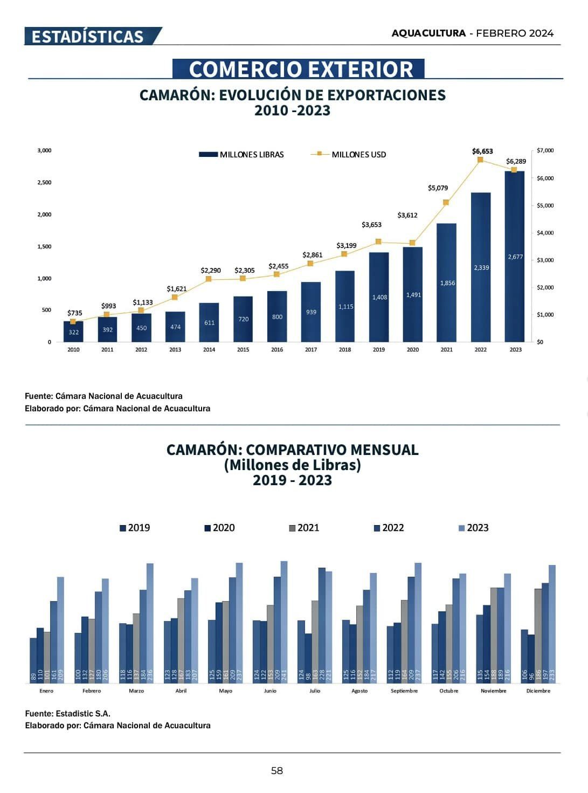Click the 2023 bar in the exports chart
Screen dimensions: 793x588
pyautogui.click(x=514, y=257)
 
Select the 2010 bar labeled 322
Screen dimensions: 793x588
pyautogui.click(x=73, y=332)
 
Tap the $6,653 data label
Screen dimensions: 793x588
pyautogui.click(x=482, y=151)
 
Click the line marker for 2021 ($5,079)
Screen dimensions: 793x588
pyautogui.click(x=446, y=202)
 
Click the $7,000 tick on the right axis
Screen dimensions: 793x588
pyautogui.click(x=545, y=150)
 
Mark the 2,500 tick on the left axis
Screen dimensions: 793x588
pyautogui.click(x=44, y=182)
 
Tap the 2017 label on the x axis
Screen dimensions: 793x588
pyautogui.click(x=311, y=350)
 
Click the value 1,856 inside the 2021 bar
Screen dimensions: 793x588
pyautogui.click(x=447, y=283)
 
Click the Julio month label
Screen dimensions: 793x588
pyautogui.click(x=315, y=691)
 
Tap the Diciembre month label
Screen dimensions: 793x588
pyautogui.click(x=538, y=691)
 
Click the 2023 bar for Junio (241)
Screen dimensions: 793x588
pyautogui.click(x=284, y=622)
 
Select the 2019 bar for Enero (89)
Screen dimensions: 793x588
pyautogui.click(x=33, y=660)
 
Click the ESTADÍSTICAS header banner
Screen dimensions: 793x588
pyautogui.click(x=89, y=36)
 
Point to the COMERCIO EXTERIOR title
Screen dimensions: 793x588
pyautogui.click(x=301, y=69)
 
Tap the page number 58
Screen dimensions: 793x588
pyautogui.click(x=276, y=771)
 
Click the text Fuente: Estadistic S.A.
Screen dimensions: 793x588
pyautogui.click(x=67, y=713)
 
